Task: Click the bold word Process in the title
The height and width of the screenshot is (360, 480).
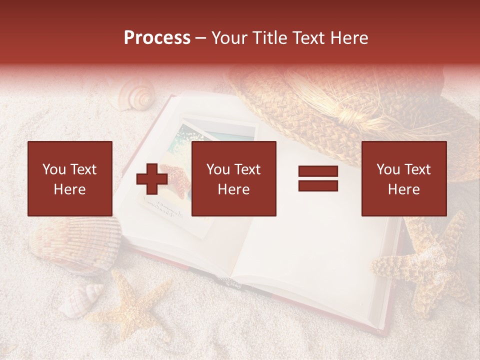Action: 157,38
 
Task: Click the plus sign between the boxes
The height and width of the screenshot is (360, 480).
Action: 152,179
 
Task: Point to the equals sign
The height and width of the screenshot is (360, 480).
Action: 318,179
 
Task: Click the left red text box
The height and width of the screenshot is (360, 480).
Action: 70,178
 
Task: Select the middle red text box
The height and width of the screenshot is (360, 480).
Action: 234,178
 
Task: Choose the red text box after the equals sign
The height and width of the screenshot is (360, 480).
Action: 404,178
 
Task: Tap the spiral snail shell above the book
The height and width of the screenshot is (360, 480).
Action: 137,96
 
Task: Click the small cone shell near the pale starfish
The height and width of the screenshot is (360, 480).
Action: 80,300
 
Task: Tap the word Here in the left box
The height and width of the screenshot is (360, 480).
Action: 70,189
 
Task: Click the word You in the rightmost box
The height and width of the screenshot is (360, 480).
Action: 388,169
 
